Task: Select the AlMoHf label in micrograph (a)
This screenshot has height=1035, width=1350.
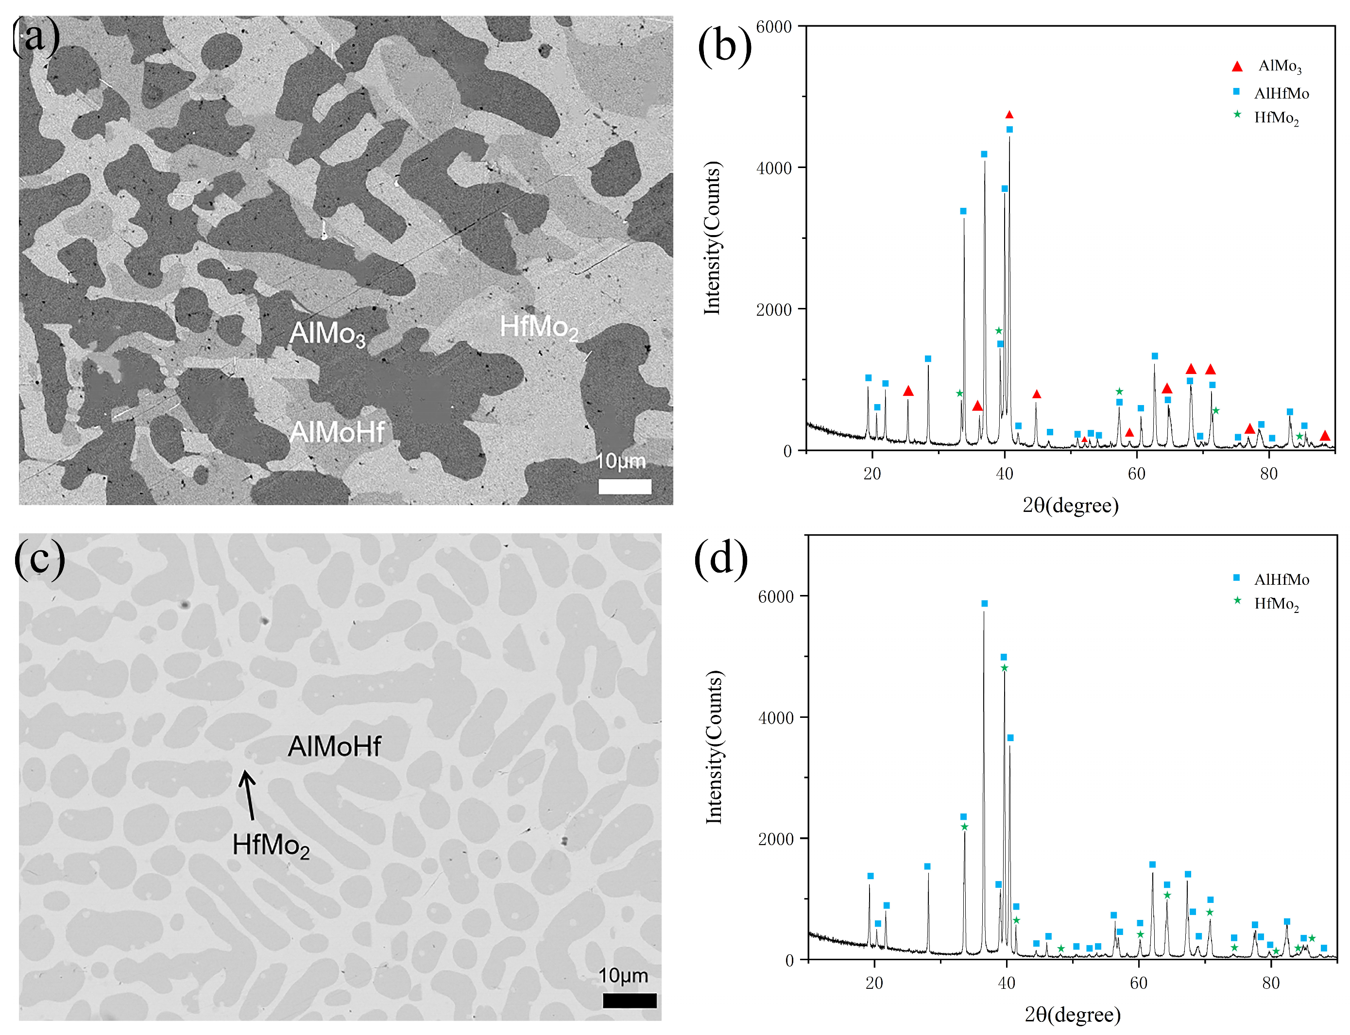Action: [337, 432]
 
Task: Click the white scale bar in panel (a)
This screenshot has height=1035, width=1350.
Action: [625, 487]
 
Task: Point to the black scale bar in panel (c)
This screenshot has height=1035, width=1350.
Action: [629, 1001]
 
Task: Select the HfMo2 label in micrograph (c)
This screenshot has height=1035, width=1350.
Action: [271, 845]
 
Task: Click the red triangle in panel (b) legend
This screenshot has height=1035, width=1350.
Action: [1237, 66]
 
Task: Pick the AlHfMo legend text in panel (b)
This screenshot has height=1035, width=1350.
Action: [1282, 94]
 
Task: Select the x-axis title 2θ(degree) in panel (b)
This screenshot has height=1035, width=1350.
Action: [1070, 506]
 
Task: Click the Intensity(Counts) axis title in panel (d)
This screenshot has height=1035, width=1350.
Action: [714, 747]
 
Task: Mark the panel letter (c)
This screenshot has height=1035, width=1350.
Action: [39, 558]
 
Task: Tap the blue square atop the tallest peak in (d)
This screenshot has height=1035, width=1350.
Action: [985, 604]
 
